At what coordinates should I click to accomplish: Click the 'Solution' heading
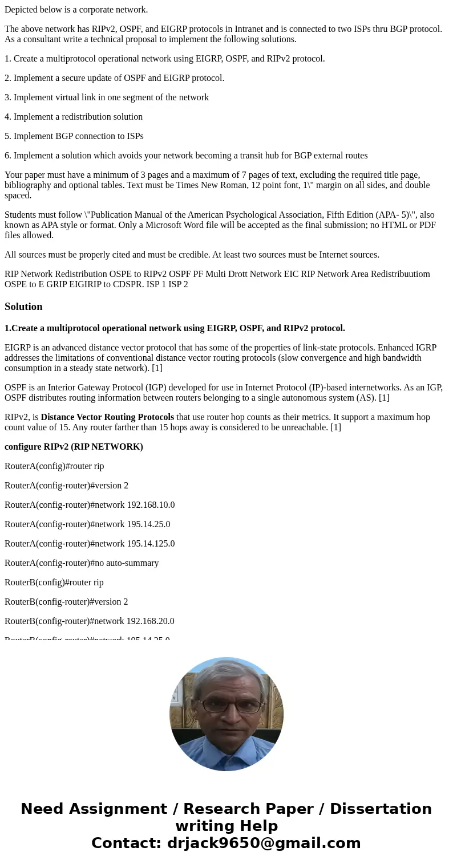(x=23, y=307)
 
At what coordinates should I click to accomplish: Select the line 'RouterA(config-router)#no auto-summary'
(x=82, y=563)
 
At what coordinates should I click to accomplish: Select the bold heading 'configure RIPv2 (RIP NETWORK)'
(x=74, y=447)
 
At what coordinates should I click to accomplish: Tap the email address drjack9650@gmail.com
(x=264, y=843)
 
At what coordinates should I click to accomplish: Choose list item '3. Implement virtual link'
(x=107, y=97)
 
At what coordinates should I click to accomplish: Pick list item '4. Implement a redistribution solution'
(x=74, y=117)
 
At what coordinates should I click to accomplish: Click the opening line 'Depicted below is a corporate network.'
(x=76, y=10)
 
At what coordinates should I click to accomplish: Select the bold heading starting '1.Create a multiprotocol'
(x=175, y=328)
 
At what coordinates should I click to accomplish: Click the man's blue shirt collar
(x=226, y=741)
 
